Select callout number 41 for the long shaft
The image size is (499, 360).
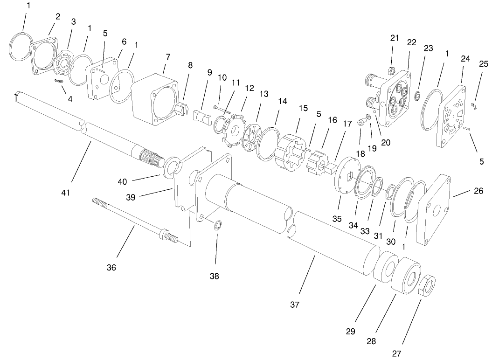tap(66, 192)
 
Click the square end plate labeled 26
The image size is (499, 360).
tap(435, 209)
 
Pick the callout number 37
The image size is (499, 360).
tap(294, 305)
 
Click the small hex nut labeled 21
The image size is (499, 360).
tap(392, 70)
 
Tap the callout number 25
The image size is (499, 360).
tap(484, 64)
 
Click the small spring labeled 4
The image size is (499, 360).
tap(59, 81)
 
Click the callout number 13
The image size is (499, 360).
tap(264, 94)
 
